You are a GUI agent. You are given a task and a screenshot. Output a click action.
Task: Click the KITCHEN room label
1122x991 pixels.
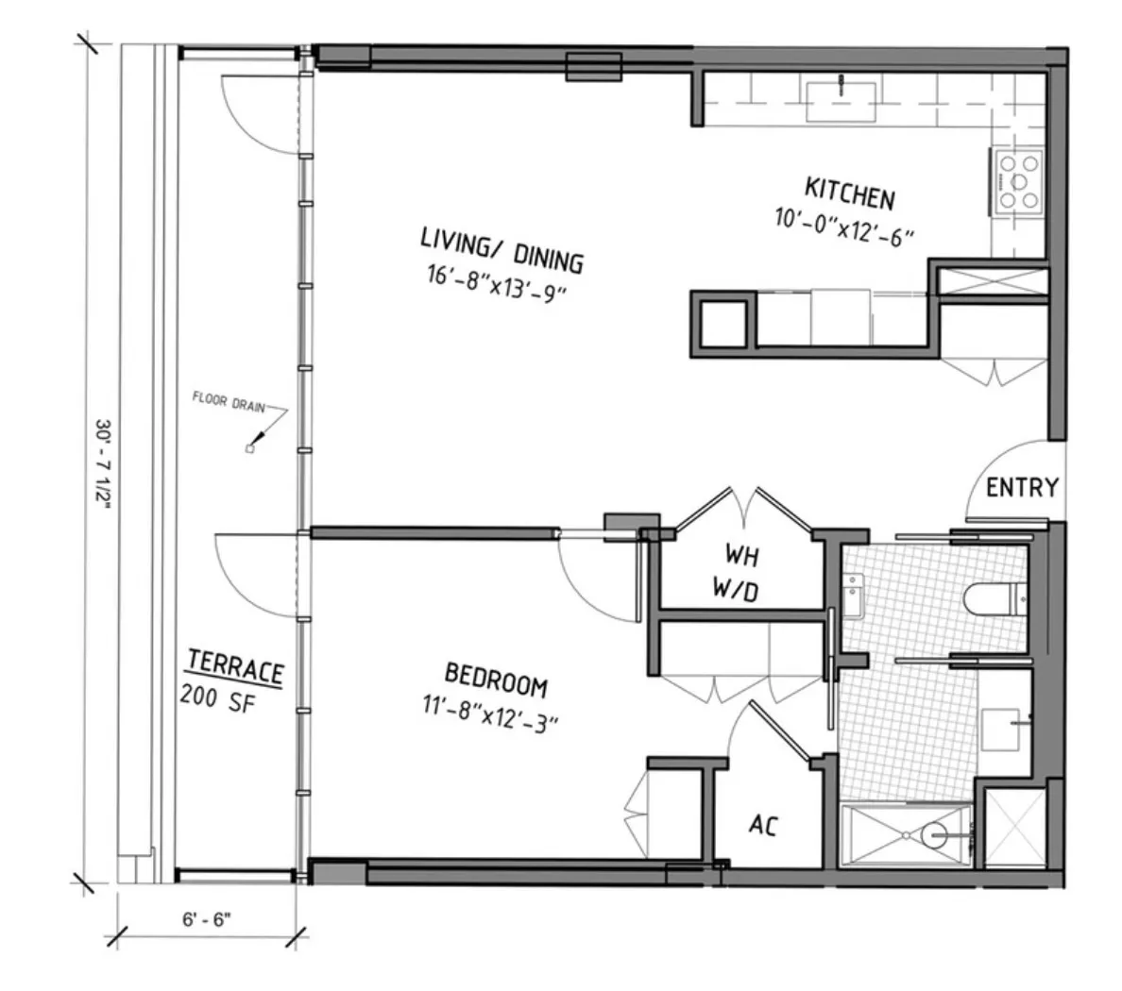849,193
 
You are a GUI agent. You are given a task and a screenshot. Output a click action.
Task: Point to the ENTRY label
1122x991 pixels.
1022,488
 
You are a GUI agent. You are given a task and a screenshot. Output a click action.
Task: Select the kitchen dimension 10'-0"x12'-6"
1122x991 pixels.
845,227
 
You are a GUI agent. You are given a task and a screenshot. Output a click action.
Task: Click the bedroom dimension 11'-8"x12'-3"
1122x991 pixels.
491,714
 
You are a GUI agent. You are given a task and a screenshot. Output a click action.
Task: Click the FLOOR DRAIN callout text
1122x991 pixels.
226,401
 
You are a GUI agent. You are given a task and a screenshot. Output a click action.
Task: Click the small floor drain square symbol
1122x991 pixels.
249,448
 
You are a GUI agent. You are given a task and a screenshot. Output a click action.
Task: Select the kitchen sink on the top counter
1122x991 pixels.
840,100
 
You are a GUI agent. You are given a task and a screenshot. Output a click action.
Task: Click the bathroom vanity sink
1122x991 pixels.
1004,728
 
